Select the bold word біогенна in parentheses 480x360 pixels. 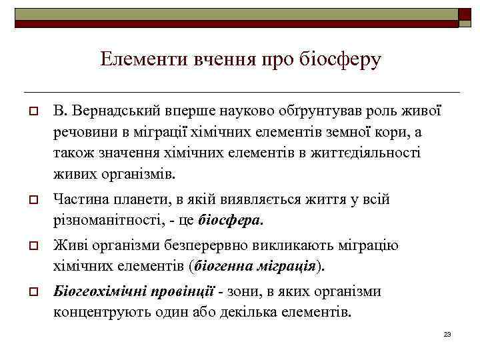click(x=221, y=267)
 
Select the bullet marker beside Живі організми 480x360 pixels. click(x=32, y=246)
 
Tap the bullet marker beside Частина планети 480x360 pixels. click(x=32, y=200)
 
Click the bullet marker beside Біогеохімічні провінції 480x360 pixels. click(x=32, y=293)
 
